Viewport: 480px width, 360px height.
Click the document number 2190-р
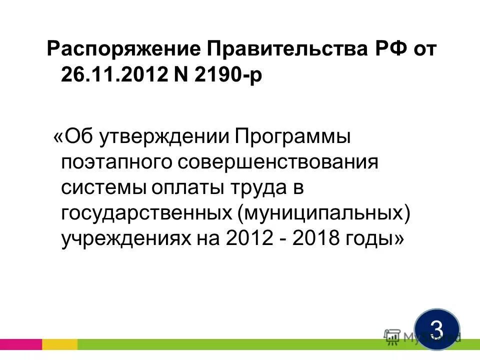coord(226,76)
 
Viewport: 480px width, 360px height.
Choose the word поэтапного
coord(116,163)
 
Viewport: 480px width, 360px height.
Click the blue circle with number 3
coord(436,330)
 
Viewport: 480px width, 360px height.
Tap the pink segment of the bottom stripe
coord(21,344)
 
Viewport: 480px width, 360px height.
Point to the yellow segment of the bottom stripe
coord(59,344)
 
